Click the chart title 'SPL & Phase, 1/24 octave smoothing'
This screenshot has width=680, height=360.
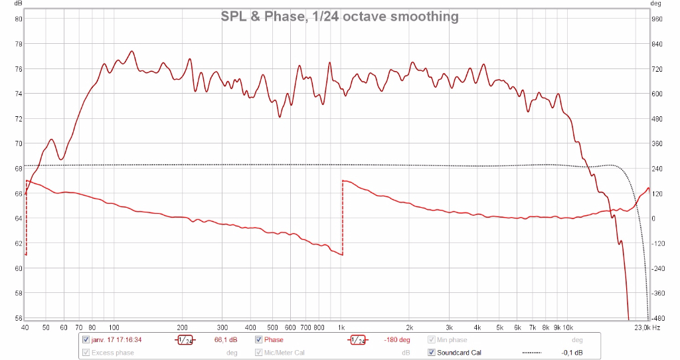[339, 17]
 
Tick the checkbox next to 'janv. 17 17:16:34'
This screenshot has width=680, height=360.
[86, 340]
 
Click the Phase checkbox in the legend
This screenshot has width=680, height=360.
[259, 340]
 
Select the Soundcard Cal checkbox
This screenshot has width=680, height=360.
[432, 353]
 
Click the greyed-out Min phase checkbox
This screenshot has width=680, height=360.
[432, 340]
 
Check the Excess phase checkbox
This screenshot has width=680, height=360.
[86, 353]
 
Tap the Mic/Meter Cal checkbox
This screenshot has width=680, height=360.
[259, 353]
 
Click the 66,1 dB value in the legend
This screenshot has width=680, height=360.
[226, 340]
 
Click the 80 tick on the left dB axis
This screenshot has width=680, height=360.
[19, 19]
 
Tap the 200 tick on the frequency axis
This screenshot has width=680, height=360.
[182, 327]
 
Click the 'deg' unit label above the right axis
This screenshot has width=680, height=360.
[656, 4]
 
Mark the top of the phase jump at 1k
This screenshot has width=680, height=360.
[342, 181]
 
